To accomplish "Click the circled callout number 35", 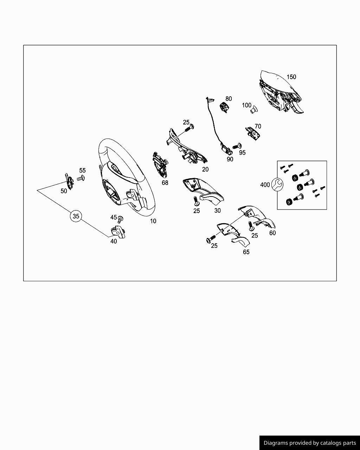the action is click(x=76, y=216).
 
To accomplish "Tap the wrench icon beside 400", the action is click(x=277, y=184).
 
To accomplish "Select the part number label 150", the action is click(x=291, y=77).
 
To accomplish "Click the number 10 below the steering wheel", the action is click(x=153, y=221).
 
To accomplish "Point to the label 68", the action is click(x=165, y=183).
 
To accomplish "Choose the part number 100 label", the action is click(x=246, y=105).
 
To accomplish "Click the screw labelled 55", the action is click(x=81, y=178).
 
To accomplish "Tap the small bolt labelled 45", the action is click(x=120, y=219).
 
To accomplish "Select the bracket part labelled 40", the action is click(x=118, y=232).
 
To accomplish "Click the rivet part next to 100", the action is click(x=254, y=109).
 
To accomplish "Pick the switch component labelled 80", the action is click(x=224, y=107).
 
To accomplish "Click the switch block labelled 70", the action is click(x=253, y=133).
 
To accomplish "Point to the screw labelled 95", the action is click(x=237, y=146).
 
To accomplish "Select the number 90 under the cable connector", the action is click(x=230, y=159).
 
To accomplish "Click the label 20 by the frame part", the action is click(x=205, y=169).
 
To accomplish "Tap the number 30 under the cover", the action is click(x=217, y=211).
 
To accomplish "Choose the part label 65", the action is click(x=246, y=252).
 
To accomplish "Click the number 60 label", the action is click(x=272, y=233).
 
